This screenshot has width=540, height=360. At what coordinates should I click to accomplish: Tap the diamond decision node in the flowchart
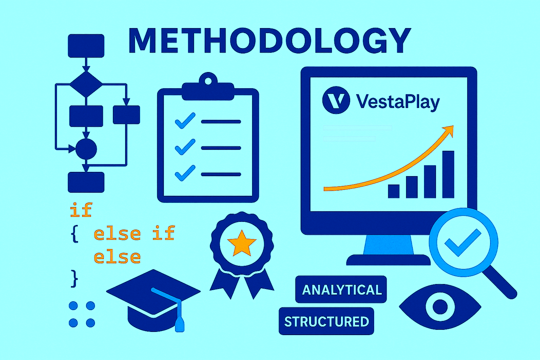tap(86, 84)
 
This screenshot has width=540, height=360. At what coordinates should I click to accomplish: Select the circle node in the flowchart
tap(86, 149)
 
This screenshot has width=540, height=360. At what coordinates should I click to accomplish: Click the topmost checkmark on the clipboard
tap(185, 121)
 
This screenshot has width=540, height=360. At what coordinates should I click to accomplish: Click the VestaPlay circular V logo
tap(336, 100)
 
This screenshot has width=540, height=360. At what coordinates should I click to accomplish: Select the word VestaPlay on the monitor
tap(398, 102)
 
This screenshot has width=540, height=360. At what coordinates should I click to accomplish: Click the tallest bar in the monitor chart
tap(448, 174)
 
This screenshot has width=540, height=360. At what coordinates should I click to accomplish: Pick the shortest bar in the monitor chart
tap(394, 191)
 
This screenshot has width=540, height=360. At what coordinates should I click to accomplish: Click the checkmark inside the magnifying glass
tap(462, 243)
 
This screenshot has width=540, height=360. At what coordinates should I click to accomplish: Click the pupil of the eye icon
tap(440, 307)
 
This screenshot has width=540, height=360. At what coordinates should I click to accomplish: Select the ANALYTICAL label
tap(341, 290)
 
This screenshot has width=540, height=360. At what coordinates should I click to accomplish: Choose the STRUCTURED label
tap(326, 321)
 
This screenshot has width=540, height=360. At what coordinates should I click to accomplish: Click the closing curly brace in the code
tap(74, 278)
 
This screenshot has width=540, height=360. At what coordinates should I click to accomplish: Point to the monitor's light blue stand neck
tap(388, 245)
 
